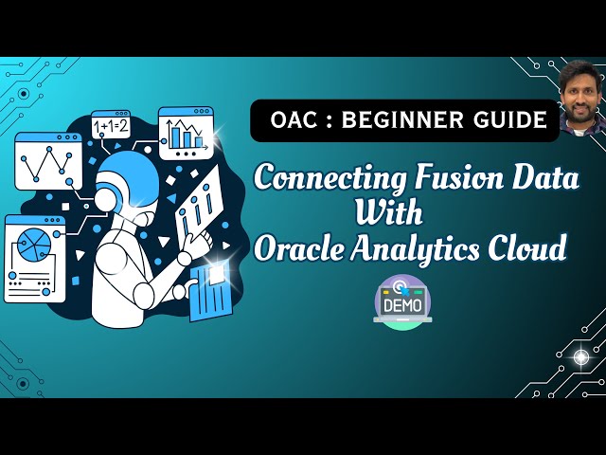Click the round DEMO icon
[402, 301]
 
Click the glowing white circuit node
[580, 356]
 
